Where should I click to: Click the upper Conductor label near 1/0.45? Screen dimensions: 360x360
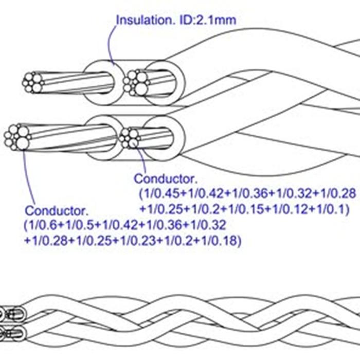pos(165,179)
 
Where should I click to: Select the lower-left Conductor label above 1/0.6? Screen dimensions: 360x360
pos(57,210)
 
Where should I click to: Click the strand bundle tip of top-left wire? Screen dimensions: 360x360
pos(32,82)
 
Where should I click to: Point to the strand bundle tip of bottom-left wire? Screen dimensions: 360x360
pos(16,137)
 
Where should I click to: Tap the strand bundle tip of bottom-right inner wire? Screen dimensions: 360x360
pos(130,138)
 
